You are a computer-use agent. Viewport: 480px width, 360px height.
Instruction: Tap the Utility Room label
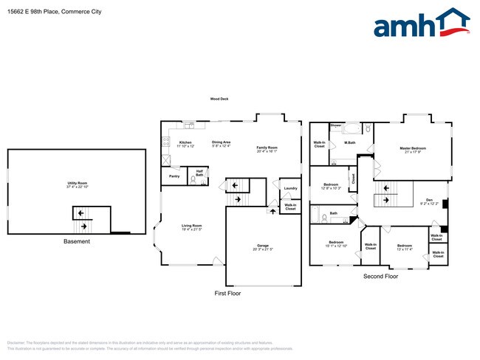77,184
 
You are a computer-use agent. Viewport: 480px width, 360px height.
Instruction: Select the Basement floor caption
76,241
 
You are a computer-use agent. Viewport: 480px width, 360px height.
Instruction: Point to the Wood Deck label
219,99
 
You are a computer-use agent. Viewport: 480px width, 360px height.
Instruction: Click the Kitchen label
185,143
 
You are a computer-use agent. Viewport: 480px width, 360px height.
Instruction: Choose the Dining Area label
222,143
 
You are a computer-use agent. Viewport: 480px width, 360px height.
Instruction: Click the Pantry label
174,176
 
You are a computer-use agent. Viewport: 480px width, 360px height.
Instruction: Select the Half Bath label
199,173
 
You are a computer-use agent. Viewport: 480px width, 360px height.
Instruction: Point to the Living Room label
192,227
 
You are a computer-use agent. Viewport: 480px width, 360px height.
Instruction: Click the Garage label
262,246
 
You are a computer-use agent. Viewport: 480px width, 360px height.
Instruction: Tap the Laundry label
290,188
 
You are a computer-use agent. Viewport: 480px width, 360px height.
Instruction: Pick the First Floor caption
227,293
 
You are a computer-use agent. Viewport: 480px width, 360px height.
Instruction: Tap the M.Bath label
350,142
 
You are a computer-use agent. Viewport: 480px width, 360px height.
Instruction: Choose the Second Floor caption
380,276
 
